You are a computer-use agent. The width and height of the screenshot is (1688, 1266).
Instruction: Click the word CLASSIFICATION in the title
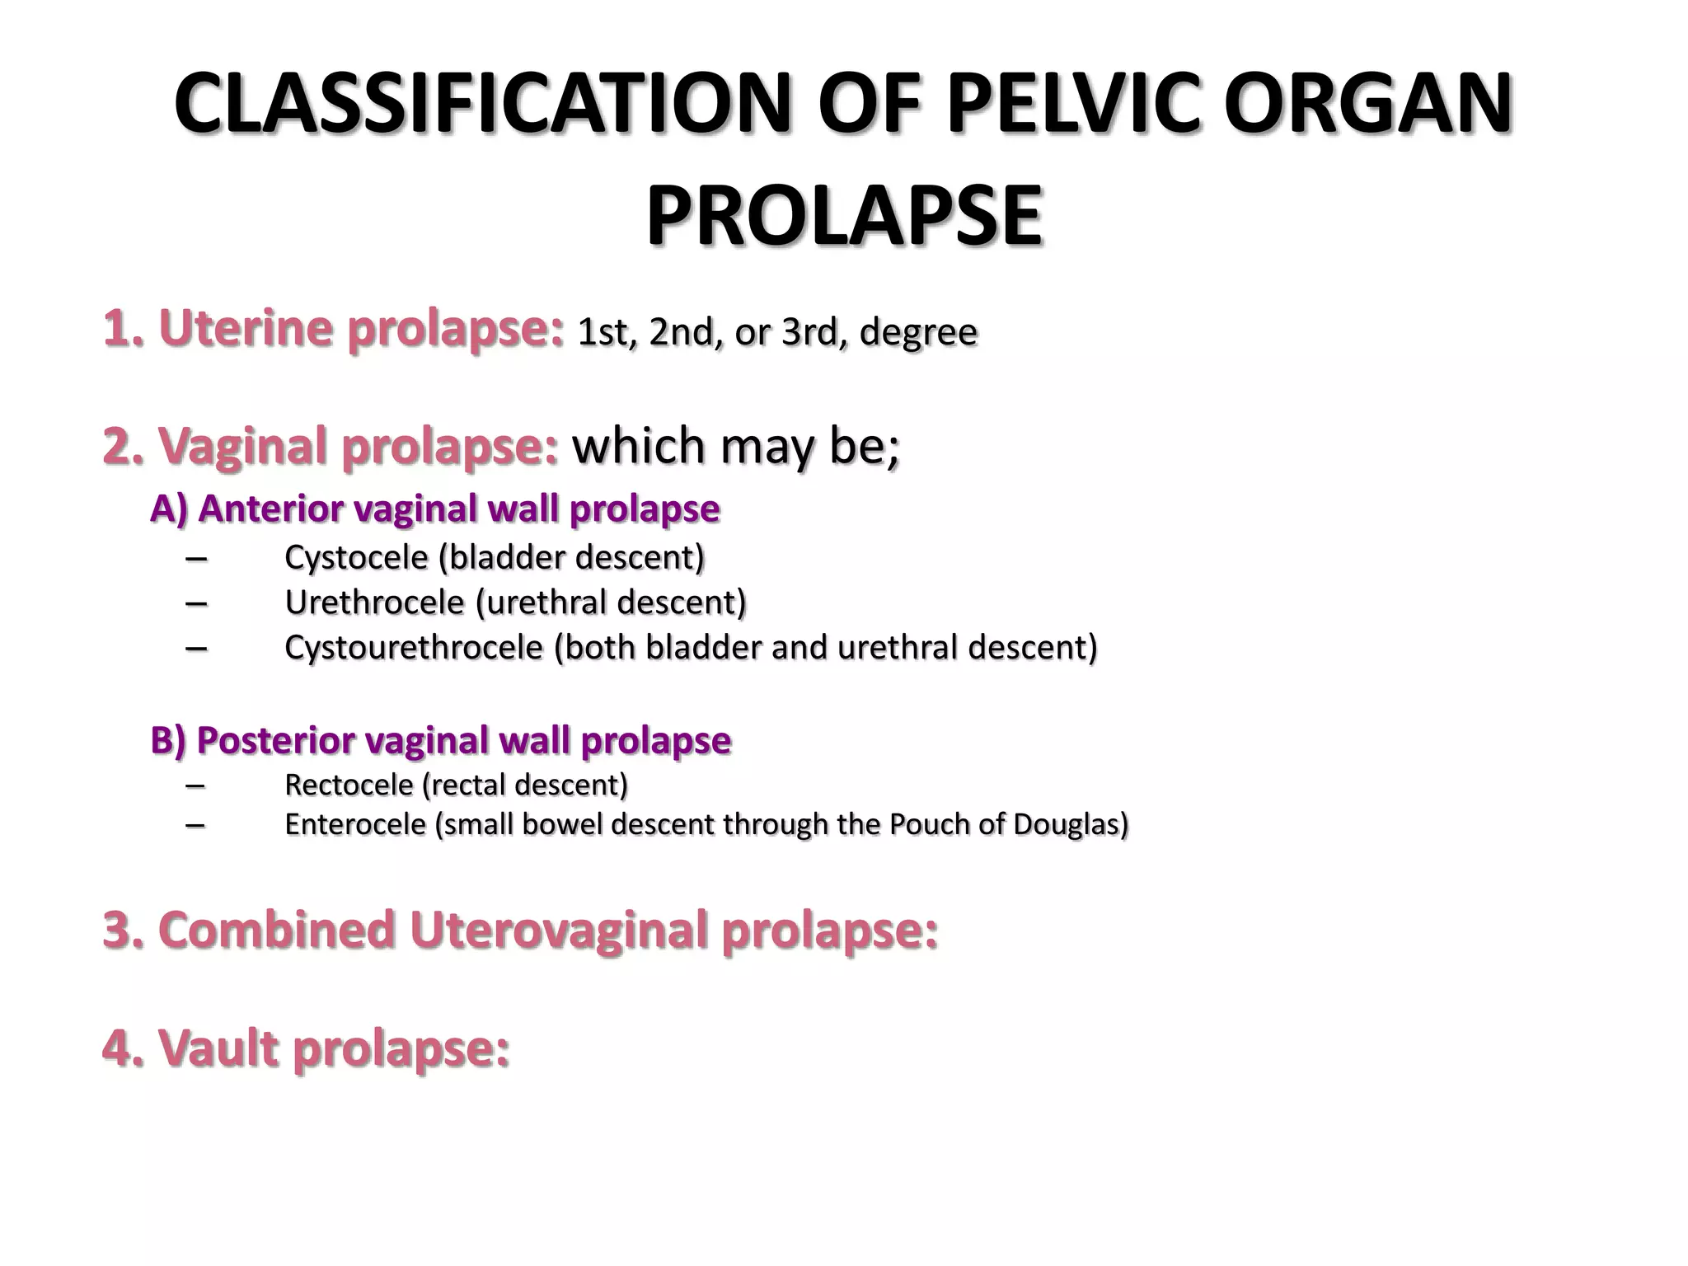[483, 105]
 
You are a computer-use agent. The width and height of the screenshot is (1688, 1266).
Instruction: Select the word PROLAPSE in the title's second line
[844, 216]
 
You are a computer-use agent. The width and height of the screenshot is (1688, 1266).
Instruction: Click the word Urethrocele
[375, 603]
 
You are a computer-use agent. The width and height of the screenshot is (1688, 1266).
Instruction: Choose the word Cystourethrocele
[414, 648]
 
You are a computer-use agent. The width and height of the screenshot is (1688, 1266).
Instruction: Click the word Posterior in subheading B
[274, 740]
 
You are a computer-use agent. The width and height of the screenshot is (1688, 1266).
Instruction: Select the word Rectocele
[349, 785]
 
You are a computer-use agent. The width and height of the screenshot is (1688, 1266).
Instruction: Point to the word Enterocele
[355, 824]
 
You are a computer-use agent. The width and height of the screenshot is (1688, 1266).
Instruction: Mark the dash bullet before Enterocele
[196, 824]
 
